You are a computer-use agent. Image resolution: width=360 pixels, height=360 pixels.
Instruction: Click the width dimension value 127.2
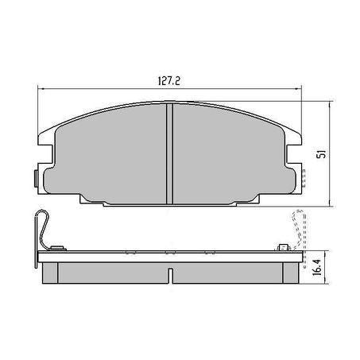coord(166,80)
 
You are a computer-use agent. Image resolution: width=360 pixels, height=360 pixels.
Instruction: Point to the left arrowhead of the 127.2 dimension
coord(41,89)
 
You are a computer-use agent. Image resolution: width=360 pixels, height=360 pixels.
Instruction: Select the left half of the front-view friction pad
coord(111,155)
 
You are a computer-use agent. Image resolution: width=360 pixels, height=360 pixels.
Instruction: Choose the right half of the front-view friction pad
coord(230,155)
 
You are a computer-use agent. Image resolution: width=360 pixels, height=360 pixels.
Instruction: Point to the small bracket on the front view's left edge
coord(36,176)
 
